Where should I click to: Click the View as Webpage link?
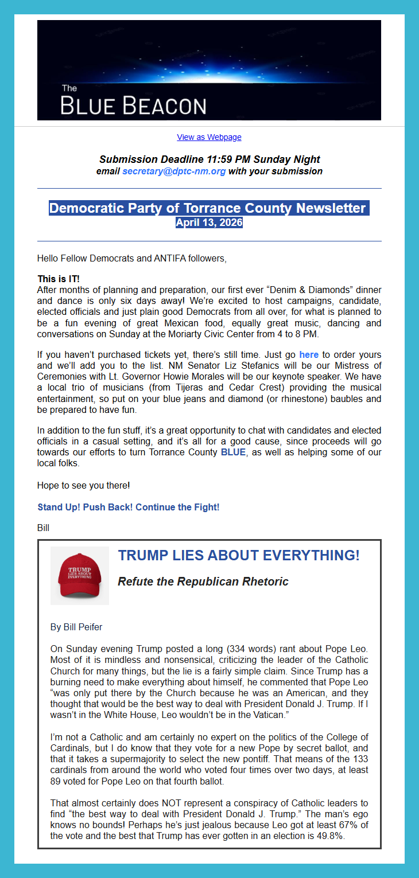209,138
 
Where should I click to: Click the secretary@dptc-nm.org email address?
174,171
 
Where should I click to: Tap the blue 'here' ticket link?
308,355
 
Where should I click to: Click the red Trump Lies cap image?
79,576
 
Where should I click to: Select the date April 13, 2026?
209,223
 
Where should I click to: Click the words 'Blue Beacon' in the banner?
133,106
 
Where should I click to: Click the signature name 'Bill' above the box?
43,528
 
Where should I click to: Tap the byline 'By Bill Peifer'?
76,627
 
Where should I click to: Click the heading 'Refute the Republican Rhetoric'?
203,582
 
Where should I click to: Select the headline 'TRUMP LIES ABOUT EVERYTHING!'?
238,556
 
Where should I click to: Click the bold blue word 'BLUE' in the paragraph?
233,452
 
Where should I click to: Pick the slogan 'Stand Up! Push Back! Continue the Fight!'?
129,508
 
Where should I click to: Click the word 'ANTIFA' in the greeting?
172,259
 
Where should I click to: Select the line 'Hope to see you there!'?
83,486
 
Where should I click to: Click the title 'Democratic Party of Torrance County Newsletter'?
207,208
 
